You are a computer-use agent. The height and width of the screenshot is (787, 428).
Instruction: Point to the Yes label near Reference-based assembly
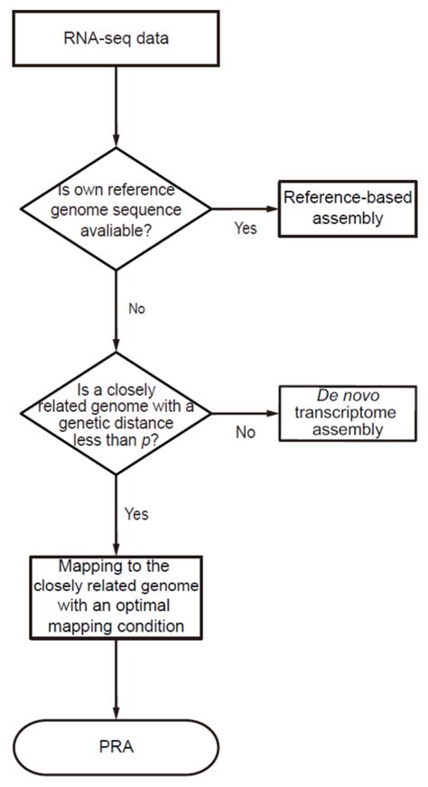click(246, 228)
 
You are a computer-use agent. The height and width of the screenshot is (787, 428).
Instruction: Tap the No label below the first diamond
click(136, 308)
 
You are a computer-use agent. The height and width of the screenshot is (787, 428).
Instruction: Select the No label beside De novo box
click(246, 432)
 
